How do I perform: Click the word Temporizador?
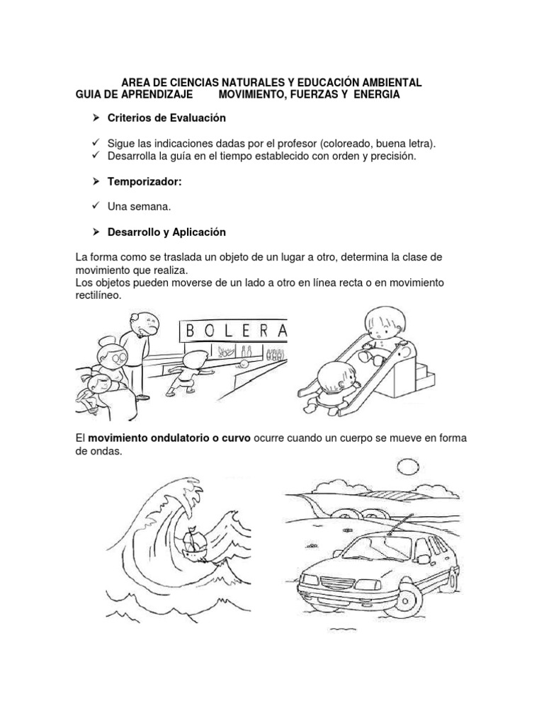point(144,182)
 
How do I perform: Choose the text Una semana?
point(139,207)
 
